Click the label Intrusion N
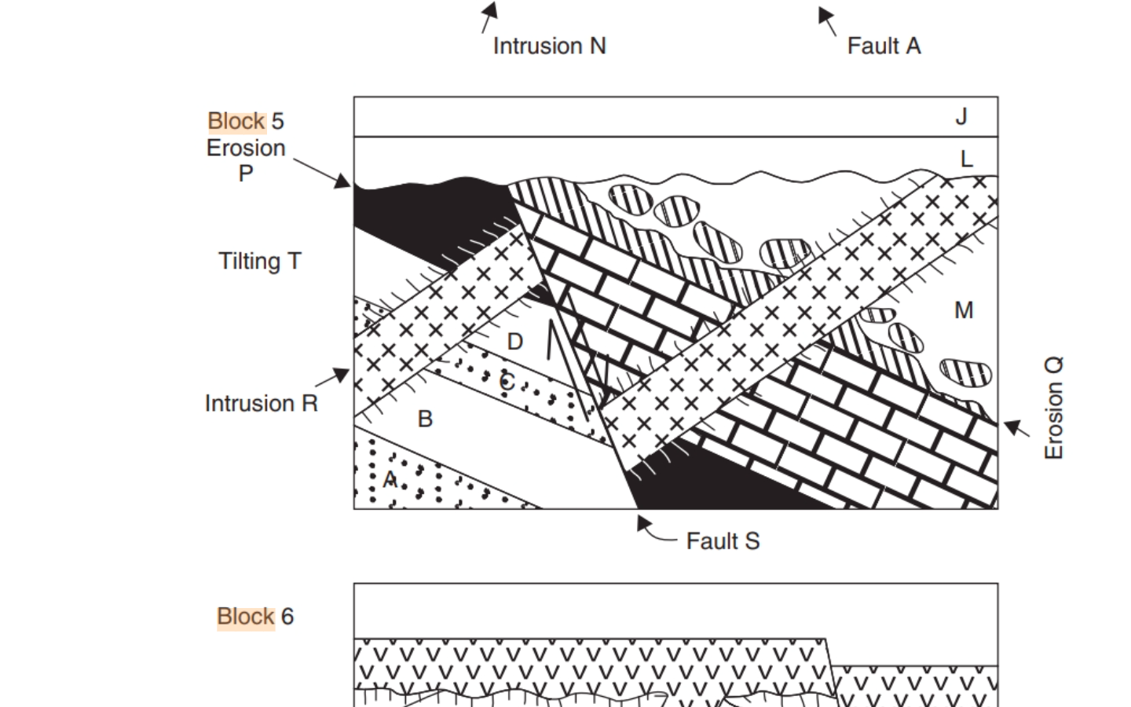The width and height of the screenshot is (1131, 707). tap(549, 46)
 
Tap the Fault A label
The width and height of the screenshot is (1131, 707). tap(884, 46)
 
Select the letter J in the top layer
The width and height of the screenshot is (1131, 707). tap(961, 117)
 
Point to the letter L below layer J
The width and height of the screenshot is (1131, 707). tap(967, 159)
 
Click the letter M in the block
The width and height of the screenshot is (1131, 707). tap(964, 311)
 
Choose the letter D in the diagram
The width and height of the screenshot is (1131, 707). tap(515, 342)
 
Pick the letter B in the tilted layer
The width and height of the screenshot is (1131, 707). tap(425, 419)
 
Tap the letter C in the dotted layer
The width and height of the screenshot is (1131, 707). tap(507, 383)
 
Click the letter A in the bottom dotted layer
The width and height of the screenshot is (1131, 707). tap(390, 478)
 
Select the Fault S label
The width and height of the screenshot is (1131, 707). tap(723, 541)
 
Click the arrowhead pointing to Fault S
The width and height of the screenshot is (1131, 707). tap(643, 522)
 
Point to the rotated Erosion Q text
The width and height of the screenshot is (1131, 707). tap(1053, 408)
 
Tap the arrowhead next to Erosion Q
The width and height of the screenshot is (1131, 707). tap(1012, 427)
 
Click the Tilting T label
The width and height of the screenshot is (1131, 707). tap(259, 262)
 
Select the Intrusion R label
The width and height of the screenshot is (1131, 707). tap(261, 404)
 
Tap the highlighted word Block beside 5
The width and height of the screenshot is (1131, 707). tap(236, 121)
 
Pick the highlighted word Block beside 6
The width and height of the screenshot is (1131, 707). tap(245, 617)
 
